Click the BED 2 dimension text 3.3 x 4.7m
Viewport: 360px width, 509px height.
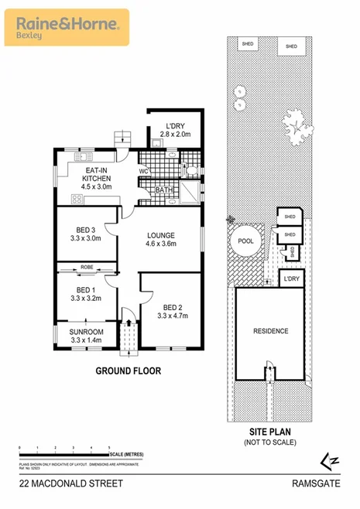click(173, 315)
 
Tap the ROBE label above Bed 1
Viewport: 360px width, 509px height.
click(87, 268)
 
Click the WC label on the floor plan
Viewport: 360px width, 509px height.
click(144, 170)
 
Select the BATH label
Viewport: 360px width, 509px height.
click(164, 190)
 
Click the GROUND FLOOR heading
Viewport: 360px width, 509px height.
click(128, 371)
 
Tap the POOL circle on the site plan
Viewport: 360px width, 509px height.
click(245, 241)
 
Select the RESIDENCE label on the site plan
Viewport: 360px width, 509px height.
click(270, 331)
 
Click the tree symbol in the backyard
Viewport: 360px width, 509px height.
click(294, 121)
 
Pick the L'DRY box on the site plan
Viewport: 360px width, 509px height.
click(292, 278)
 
